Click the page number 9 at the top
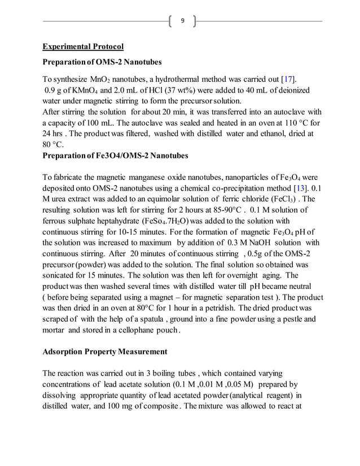pos(182,21)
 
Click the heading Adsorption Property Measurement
pos(105,351)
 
